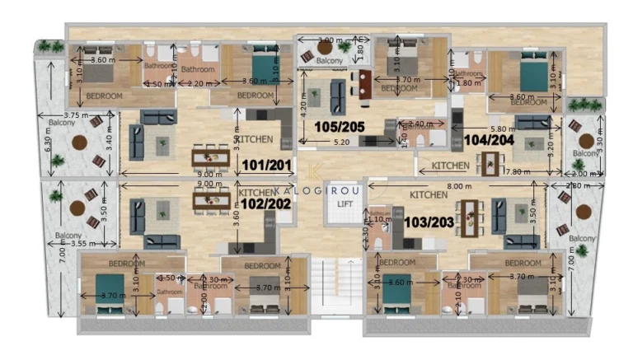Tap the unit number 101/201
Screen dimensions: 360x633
pyautogui.click(x=267, y=166)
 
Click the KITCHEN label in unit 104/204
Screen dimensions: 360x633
pyautogui.click(x=451, y=166)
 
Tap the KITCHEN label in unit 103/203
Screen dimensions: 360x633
pyautogui.click(x=429, y=195)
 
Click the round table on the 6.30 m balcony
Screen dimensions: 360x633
pyautogui.click(x=79, y=143)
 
